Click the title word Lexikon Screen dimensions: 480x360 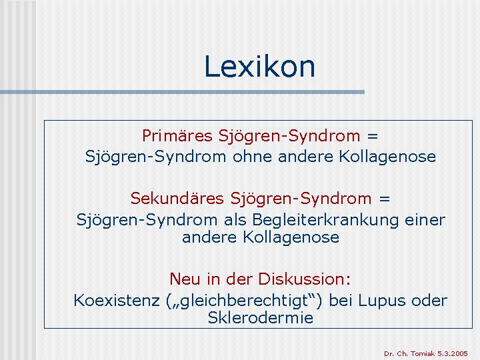(x=259, y=67)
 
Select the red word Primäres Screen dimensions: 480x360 (x=177, y=135)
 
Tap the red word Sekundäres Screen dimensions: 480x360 (x=177, y=198)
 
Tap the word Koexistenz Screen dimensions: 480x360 (x=117, y=300)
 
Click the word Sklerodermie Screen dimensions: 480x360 (x=261, y=317)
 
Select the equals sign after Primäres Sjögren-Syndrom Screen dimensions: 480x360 (x=373, y=136)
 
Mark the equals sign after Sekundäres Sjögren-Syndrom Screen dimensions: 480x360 (x=384, y=199)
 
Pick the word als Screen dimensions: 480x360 (x=235, y=220)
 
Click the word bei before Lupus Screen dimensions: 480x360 (x=341, y=300)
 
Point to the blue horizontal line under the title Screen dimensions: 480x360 (x=183, y=92)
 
